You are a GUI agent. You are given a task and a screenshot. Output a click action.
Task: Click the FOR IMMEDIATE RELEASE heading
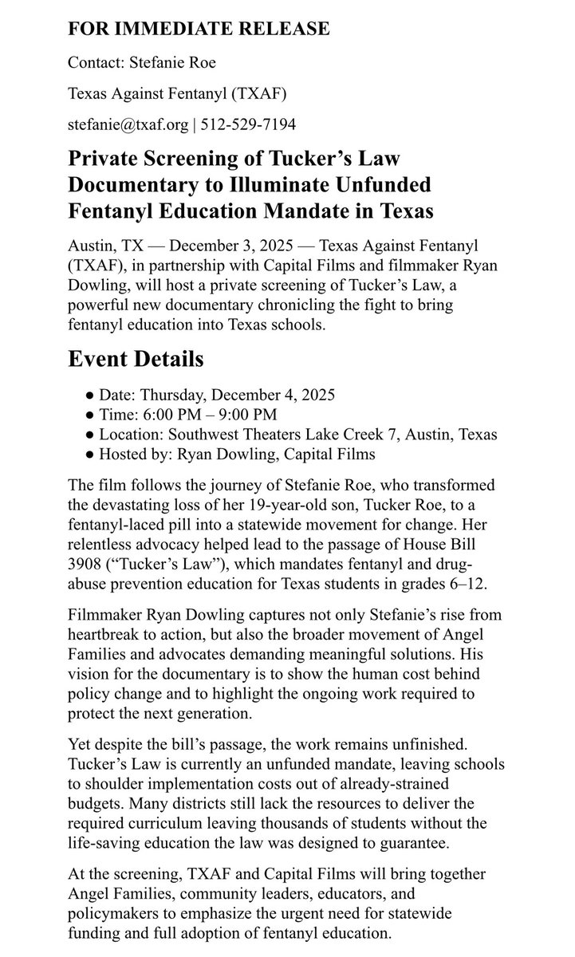pyautogui.click(x=199, y=30)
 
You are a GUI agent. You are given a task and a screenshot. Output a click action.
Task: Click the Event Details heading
pyautogui.click(x=136, y=359)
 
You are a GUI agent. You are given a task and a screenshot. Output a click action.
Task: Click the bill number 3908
pyautogui.click(x=85, y=565)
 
